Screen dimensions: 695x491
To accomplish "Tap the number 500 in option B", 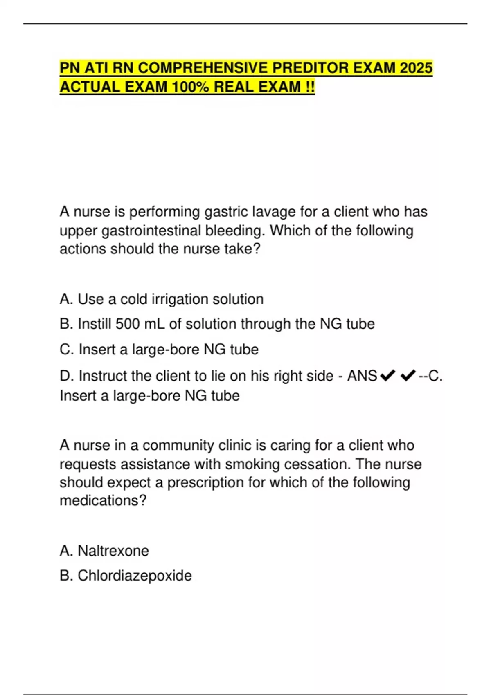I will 128,324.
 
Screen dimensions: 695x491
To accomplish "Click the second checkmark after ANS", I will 408,375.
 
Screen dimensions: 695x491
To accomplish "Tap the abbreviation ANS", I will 362,376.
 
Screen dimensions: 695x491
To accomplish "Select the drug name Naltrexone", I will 113,551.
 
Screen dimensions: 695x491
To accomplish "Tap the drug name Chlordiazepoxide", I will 135,576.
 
